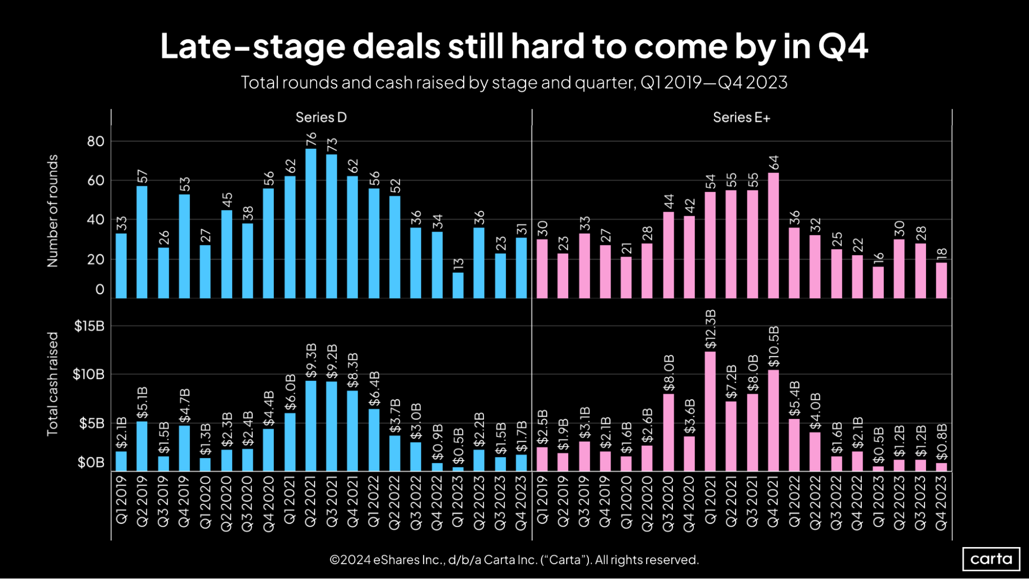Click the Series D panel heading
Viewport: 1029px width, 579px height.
pos(321,118)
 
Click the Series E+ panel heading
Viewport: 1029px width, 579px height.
pos(741,118)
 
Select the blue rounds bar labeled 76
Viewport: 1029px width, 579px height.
pos(310,224)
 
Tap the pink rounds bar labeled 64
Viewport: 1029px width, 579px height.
pos(773,236)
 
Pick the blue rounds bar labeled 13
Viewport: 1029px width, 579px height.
pos(458,285)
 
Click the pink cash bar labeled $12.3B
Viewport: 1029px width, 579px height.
pos(710,411)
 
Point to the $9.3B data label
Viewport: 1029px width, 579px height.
pos(310,360)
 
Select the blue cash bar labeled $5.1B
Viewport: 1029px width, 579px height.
pos(142,446)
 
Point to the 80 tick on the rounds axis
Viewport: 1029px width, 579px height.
pos(96,141)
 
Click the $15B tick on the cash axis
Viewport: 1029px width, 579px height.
pos(89,326)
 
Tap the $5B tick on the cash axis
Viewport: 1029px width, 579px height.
pos(92,424)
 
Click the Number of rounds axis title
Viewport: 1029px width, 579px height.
pos(53,211)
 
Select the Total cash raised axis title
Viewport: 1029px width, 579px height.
pos(53,384)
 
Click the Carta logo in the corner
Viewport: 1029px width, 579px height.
pos(991,559)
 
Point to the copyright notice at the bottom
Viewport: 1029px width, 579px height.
pos(514,559)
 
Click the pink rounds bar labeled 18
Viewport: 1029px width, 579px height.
pos(941,280)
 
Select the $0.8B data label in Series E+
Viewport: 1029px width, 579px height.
pos(941,442)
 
